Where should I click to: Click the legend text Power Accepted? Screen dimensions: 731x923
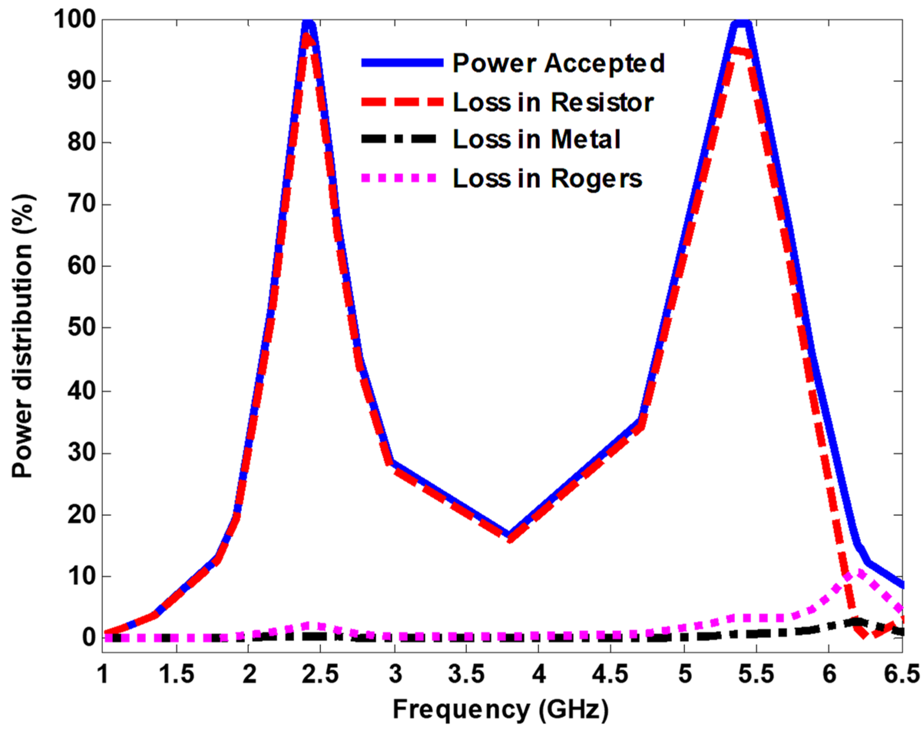pos(558,63)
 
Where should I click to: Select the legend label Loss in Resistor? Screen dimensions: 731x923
pos(553,103)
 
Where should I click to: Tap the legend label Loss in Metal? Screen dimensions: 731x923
pos(536,140)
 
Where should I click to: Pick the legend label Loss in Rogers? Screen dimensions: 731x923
pos(548,178)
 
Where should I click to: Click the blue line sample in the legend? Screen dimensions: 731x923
pos(402,63)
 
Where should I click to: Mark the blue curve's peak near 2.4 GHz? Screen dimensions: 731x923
pos(308,22)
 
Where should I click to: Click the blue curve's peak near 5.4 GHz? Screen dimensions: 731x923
pos(742,22)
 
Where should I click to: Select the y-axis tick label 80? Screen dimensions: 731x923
pos(81,143)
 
